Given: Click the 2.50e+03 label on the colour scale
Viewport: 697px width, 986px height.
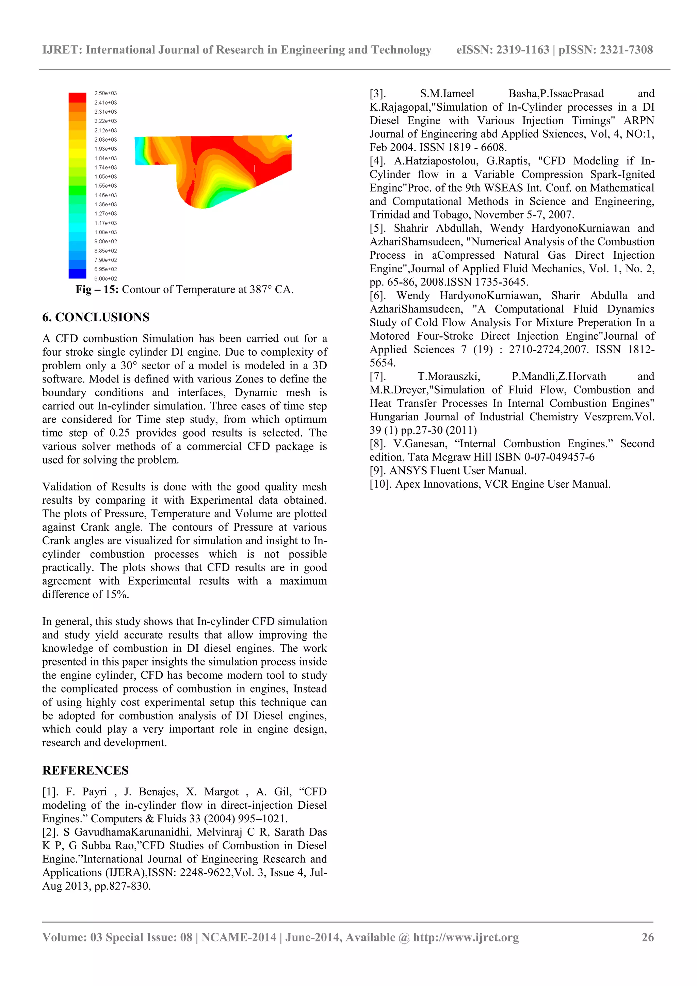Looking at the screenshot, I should coord(105,93).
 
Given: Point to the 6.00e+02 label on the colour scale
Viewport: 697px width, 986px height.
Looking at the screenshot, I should coord(105,279).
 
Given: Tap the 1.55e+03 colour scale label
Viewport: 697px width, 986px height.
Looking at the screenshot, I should coord(105,186).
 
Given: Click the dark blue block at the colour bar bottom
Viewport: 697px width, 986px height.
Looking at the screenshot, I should coord(77,274).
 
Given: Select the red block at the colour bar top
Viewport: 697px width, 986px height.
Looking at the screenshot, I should coord(77,97).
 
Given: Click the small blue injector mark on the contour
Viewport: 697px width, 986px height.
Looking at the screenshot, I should coord(290,136).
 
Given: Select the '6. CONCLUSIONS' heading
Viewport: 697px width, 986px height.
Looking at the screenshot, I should coord(96,317).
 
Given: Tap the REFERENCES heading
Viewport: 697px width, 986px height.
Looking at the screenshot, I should coord(85,771).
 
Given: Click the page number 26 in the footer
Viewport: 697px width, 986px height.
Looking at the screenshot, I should coord(648,937).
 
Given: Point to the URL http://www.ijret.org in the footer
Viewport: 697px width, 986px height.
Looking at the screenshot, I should coord(466,937).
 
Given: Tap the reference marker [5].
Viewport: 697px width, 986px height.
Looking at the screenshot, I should coord(377,228).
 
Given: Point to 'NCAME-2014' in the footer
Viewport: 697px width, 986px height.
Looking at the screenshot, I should coord(239,937).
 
